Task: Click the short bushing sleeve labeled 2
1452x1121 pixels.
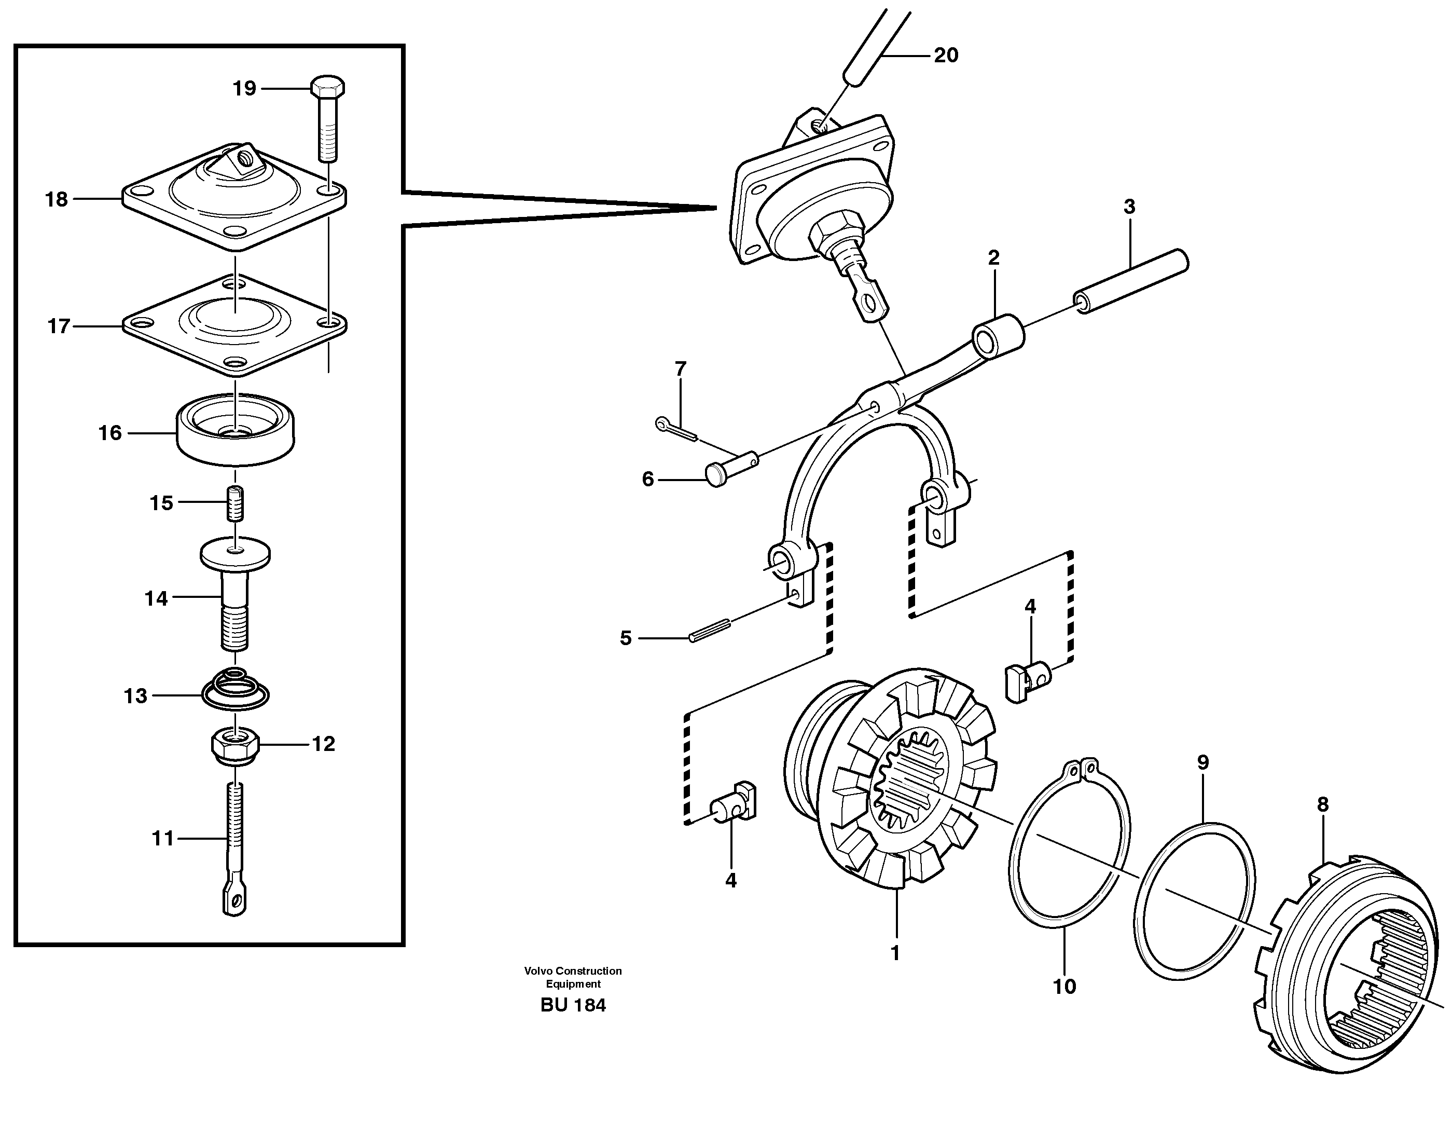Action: coord(999,333)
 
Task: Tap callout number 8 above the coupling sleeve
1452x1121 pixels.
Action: coord(1322,804)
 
